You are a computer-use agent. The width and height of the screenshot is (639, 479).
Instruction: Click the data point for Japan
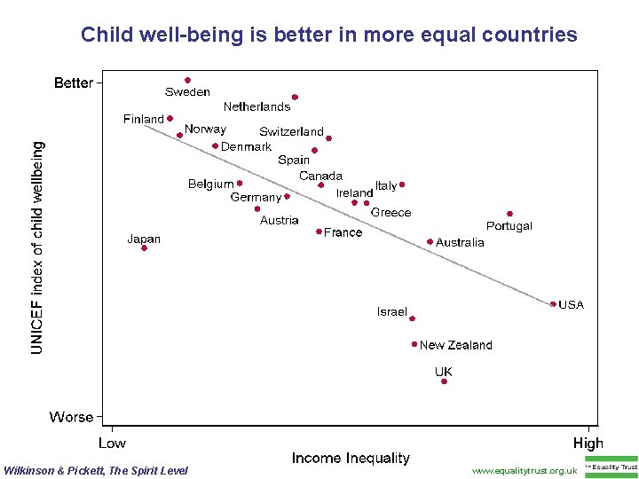(x=144, y=248)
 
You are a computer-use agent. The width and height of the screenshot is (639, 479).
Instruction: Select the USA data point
(x=553, y=304)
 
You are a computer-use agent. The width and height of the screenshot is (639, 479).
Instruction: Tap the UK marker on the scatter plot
(x=444, y=381)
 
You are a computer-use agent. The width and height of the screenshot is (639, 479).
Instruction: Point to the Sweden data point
(x=187, y=80)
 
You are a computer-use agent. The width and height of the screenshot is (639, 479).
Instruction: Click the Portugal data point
(x=509, y=214)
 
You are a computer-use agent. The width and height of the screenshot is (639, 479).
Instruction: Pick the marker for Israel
(x=412, y=318)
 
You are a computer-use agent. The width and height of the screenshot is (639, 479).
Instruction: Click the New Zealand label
(x=455, y=345)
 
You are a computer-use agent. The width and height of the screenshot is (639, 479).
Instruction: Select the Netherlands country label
(x=256, y=106)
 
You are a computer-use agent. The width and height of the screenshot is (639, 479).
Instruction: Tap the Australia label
(x=460, y=242)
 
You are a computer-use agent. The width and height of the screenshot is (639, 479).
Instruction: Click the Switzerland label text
(x=291, y=131)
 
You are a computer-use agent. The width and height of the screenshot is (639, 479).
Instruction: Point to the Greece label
(x=390, y=212)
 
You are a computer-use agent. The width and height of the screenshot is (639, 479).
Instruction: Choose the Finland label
(x=143, y=119)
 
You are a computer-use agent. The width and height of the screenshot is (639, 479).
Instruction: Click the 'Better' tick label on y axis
(x=73, y=82)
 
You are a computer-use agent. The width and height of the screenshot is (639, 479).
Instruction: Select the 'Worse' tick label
(x=71, y=417)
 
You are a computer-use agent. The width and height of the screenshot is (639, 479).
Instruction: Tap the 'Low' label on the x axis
(x=112, y=443)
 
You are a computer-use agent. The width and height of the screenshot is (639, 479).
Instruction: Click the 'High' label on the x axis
(x=588, y=443)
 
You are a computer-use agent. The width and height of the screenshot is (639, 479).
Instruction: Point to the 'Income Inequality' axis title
(x=351, y=458)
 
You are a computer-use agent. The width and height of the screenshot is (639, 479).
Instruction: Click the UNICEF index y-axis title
(x=36, y=247)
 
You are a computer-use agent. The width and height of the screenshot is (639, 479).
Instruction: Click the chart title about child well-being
(x=328, y=35)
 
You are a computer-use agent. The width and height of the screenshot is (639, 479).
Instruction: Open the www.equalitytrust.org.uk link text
(x=524, y=470)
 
